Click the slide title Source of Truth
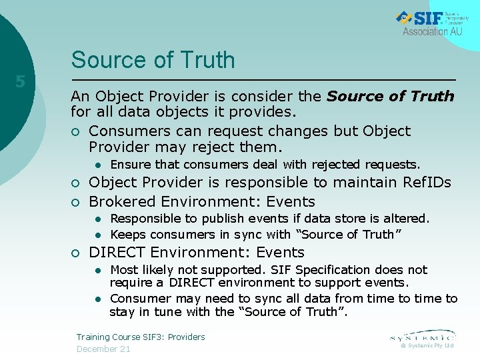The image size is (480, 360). (x=153, y=60)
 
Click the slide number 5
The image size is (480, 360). (x=21, y=82)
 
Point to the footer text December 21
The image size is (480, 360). (x=103, y=349)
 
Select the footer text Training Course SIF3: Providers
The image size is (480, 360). (x=141, y=337)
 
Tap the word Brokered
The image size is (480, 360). (x=119, y=201)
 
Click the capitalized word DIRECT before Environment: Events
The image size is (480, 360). (x=117, y=253)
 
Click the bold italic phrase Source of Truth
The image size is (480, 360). (x=390, y=97)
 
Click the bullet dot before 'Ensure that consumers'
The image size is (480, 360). (x=97, y=165)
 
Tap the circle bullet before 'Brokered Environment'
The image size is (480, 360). (x=76, y=202)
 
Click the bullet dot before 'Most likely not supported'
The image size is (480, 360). (x=97, y=270)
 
